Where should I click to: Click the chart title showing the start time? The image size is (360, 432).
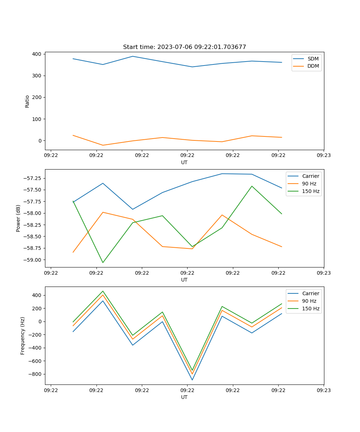(184, 47)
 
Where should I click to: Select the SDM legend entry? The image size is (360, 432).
(313, 59)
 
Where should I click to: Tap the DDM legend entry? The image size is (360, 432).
(313, 66)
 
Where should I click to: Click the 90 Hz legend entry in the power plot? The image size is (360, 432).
(309, 184)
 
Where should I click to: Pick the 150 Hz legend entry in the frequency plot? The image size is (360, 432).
(311, 309)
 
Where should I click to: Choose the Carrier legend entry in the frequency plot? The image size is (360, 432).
(310, 293)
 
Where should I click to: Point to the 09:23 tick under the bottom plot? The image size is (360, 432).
(324, 390)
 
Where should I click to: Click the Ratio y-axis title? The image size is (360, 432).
(27, 101)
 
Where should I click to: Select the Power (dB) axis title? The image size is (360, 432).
(18, 218)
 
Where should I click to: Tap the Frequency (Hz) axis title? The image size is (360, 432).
(23, 336)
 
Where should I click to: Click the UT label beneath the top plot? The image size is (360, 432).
(184, 162)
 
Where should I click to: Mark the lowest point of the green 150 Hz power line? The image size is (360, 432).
(103, 262)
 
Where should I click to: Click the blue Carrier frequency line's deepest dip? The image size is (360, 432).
(192, 380)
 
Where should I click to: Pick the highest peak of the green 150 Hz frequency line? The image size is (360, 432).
(103, 291)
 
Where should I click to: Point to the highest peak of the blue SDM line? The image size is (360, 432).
(132, 56)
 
